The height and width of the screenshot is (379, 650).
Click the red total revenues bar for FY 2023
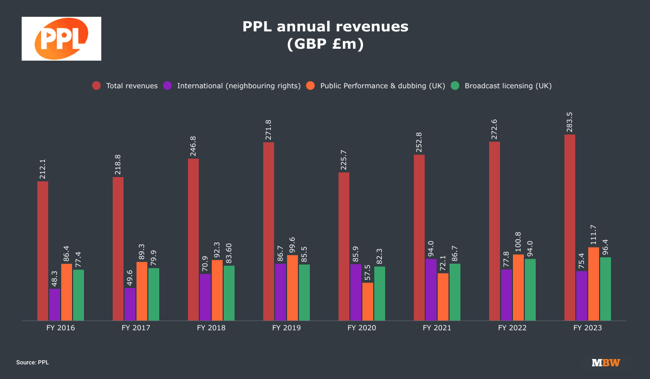coord(569,227)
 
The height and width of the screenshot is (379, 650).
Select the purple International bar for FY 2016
coord(55,304)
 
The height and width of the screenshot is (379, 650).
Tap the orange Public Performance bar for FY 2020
coord(368,301)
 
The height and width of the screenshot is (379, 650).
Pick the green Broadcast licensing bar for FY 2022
coord(530,290)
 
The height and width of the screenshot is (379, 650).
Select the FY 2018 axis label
coord(211,328)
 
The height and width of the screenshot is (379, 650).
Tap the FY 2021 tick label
coord(437,328)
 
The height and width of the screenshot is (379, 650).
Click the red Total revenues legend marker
coord(96,86)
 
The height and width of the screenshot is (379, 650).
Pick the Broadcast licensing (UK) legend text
coord(508,86)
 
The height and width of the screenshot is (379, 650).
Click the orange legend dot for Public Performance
coord(310,86)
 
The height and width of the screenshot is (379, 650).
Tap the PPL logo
coord(61,38)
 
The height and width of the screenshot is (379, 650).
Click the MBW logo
coord(606,362)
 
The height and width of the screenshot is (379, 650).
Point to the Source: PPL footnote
coord(32,362)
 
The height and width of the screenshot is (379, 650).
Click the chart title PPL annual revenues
coord(325,26)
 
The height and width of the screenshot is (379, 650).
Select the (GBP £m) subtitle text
coord(325,44)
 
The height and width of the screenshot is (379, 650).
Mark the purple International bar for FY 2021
coord(431,290)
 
